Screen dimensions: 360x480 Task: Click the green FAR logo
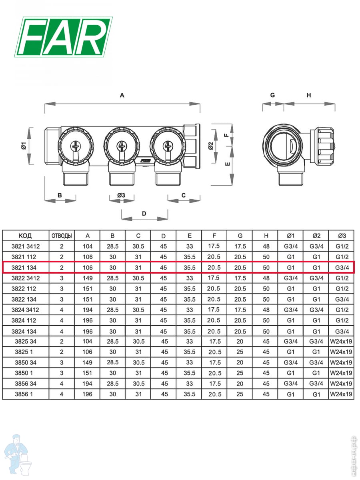(63, 37)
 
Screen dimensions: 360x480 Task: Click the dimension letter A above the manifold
(122, 95)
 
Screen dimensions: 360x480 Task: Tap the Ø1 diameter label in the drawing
(24, 146)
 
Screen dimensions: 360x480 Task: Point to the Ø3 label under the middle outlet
(121, 195)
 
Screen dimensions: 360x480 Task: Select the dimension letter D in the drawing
(144, 214)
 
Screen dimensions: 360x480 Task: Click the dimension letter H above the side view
(309, 95)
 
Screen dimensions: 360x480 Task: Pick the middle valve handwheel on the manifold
(121, 146)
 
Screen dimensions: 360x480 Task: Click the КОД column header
(25, 236)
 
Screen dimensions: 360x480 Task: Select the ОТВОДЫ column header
(62, 236)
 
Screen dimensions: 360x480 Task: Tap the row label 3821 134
(24, 268)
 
